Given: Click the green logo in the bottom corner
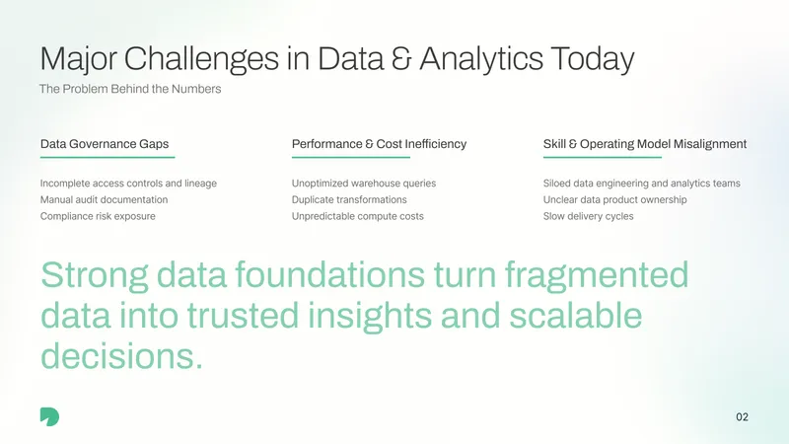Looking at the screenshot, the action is [x=50, y=416].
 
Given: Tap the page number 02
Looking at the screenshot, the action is [x=742, y=416].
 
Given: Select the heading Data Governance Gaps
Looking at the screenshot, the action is [x=105, y=144].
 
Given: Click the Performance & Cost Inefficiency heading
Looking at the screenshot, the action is [x=379, y=144].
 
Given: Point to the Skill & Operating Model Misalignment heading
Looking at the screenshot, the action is [x=645, y=144].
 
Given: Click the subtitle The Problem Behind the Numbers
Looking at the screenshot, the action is [x=130, y=89].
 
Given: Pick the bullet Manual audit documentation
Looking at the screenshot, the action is [x=105, y=200].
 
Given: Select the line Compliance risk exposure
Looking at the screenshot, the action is [x=98, y=216].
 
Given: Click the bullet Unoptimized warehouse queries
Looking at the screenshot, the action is [x=364, y=184].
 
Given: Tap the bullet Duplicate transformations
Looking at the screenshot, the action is [x=349, y=200].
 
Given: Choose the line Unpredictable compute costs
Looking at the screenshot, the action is [x=358, y=216].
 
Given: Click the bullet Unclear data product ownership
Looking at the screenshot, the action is [x=614, y=200].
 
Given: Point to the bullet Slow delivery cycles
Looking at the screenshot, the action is [x=588, y=216].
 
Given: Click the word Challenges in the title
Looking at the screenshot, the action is [x=201, y=59].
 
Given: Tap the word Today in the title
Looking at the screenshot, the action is [x=593, y=59].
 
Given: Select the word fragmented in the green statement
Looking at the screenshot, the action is [x=597, y=275].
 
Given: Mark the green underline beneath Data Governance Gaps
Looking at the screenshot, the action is [x=108, y=158].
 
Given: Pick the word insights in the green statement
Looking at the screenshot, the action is [x=369, y=317].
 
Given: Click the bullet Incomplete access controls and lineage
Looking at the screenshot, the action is [x=128, y=184].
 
